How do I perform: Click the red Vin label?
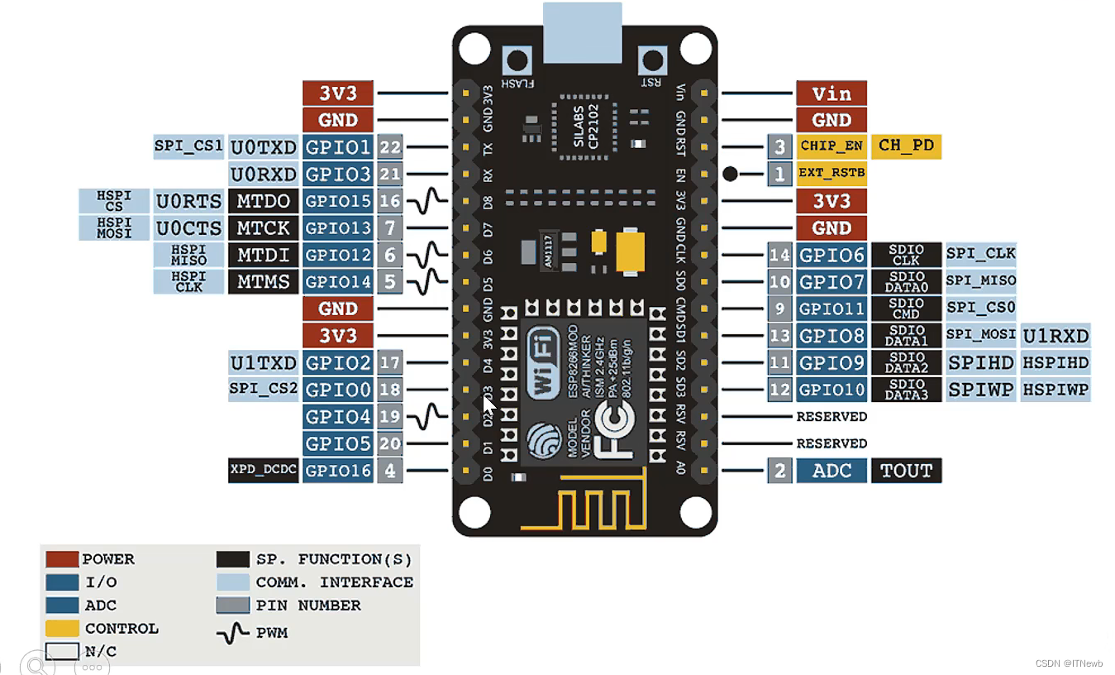(831, 93)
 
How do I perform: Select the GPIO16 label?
(338, 471)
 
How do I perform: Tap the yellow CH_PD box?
(905, 146)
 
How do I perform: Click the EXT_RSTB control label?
(831, 174)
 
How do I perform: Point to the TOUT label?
(906, 471)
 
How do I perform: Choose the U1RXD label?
(1055, 336)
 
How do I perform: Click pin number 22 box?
(390, 147)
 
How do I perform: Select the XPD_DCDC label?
(263, 471)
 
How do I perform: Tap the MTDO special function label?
(264, 201)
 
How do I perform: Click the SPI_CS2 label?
(263, 388)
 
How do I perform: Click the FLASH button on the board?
(518, 61)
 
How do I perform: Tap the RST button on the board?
(653, 61)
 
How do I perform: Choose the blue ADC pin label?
(831, 471)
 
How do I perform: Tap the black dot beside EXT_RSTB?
(730, 174)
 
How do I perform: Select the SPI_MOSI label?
(981, 335)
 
